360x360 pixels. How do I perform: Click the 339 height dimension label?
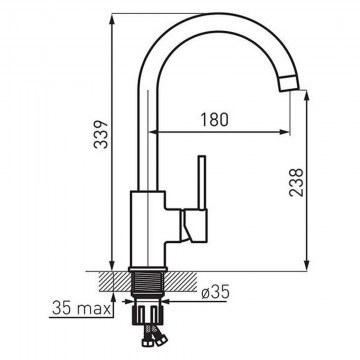[x=101, y=134]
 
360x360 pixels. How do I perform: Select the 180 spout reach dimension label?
[x=214, y=120]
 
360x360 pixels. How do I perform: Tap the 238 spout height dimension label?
[x=296, y=182]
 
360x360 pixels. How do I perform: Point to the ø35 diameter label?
[x=216, y=292]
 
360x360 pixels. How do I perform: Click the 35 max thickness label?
[x=81, y=308]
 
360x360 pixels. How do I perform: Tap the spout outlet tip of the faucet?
[x=289, y=84]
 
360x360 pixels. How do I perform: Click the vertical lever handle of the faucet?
[x=202, y=183]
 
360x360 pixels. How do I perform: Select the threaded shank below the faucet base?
[x=147, y=283]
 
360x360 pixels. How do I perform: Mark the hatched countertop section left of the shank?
[x=115, y=281]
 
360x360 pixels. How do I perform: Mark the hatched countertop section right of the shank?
[x=180, y=281]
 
